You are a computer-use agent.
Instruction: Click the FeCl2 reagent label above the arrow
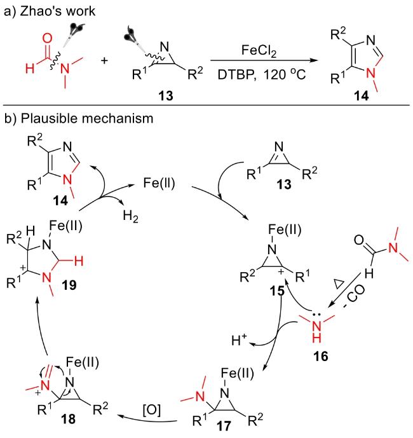266,49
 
